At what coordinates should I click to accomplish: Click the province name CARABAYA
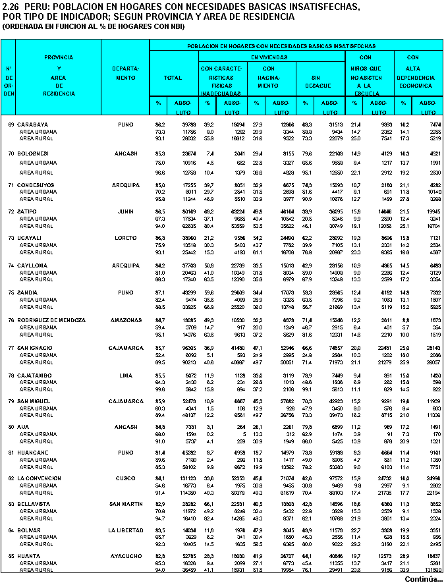click(32, 124)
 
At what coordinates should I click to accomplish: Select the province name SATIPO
click(28, 211)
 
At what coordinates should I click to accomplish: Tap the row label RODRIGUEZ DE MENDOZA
click(51, 320)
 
